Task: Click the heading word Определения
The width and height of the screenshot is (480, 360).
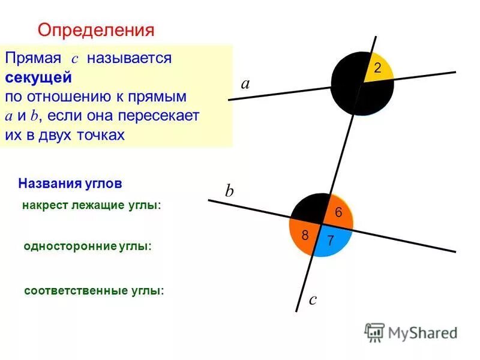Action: pos(96,29)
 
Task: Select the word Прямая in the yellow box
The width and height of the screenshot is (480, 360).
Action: pos(33,59)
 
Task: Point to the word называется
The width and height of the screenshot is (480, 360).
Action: pos(129,59)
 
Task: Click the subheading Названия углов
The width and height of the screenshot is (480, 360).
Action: pos(70,182)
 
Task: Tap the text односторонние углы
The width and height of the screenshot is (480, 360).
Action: pos(88,246)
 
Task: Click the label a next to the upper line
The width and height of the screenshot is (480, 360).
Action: pos(245,85)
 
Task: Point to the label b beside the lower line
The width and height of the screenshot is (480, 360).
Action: pos(229,191)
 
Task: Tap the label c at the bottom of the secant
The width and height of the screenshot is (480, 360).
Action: pos(312,299)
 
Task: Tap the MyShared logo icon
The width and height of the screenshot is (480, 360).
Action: pos(374,332)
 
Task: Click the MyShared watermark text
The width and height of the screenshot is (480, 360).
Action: pos(422,332)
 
